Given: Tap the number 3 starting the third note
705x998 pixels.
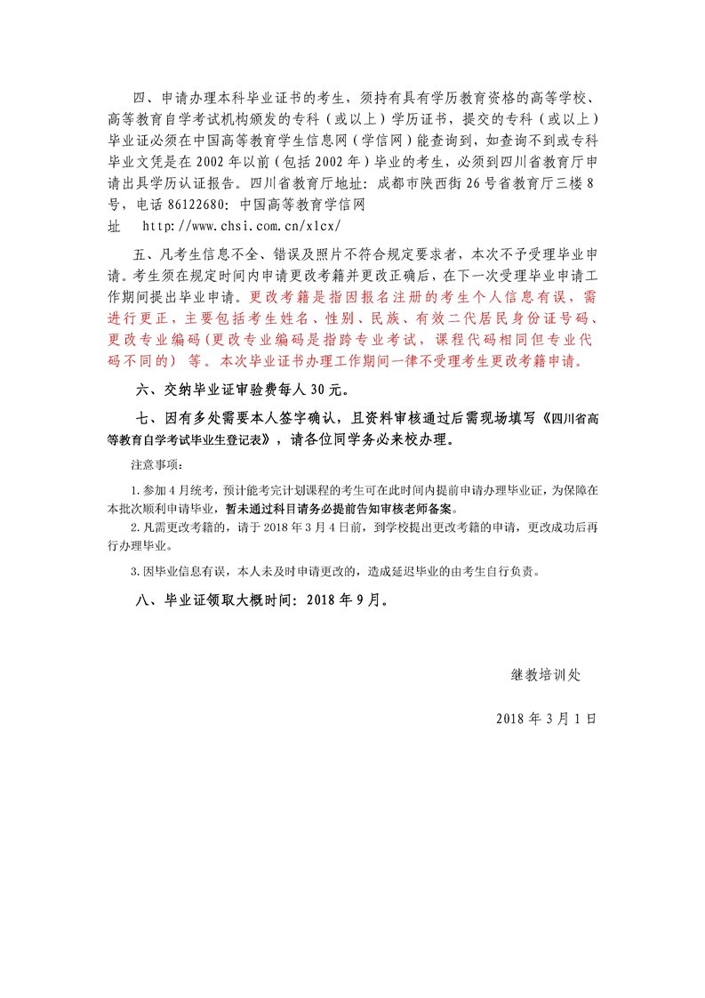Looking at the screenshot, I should [x=133, y=570].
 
